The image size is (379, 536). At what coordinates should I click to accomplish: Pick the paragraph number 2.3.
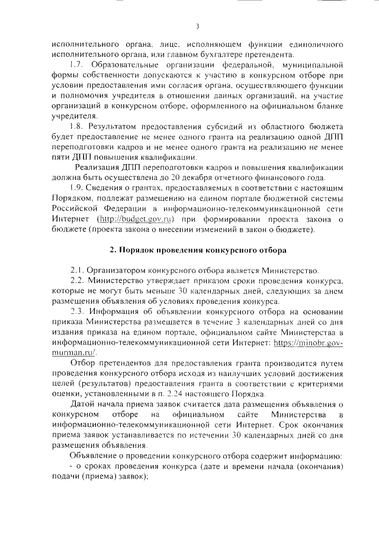pyautogui.click(x=78, y=311)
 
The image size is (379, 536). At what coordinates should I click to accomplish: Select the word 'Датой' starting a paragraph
pyautogui.click(x=82, y=406)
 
